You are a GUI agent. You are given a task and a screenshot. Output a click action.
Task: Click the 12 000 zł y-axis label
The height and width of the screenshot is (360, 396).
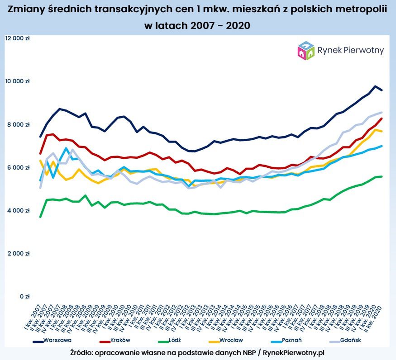[x=17, y=38]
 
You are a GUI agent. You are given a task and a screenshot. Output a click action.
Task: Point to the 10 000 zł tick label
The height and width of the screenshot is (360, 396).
[x=17, y=81]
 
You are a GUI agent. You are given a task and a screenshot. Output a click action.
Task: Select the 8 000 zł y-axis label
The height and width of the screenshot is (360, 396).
[x=19, y=124]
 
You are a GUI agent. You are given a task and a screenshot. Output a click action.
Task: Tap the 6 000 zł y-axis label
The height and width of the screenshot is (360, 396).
[x=19, y=167]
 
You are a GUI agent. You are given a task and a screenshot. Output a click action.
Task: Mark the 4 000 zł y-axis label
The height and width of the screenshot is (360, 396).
[x=19, y=210]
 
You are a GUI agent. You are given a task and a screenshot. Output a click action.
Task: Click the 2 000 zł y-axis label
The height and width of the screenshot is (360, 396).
[x=19, y=253]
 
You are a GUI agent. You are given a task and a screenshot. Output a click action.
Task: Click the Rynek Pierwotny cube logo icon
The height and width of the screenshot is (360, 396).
[x=306, y=51]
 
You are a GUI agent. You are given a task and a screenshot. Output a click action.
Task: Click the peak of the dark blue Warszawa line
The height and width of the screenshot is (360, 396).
[x=375, y=86]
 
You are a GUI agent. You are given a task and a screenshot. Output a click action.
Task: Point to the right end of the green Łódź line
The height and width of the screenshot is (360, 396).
[x=382, y=176]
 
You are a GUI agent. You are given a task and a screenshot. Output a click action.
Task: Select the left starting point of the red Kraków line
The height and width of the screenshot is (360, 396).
[x=40, y=153]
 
